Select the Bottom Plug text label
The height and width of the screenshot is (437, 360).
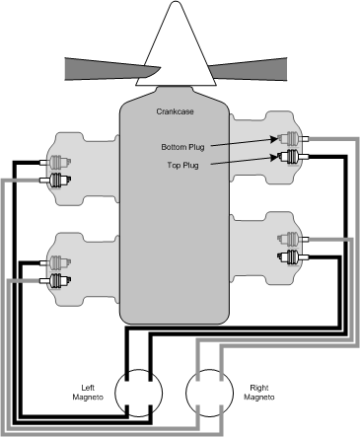(x=182, y=147)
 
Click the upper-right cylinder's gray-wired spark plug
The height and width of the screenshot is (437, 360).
(x=290, y=139)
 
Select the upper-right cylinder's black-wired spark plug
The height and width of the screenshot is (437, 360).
(x=290, y=157)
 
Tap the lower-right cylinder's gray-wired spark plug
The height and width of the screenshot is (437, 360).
(x=290, y=240)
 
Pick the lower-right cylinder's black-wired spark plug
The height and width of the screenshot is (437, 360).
(x=290, y=257)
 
